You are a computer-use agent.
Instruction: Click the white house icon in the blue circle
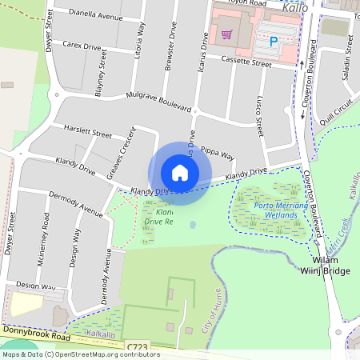tap(179, 173)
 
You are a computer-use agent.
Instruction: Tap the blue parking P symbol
tap(273, 41)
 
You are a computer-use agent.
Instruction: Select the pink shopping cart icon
tap(227, 34)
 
